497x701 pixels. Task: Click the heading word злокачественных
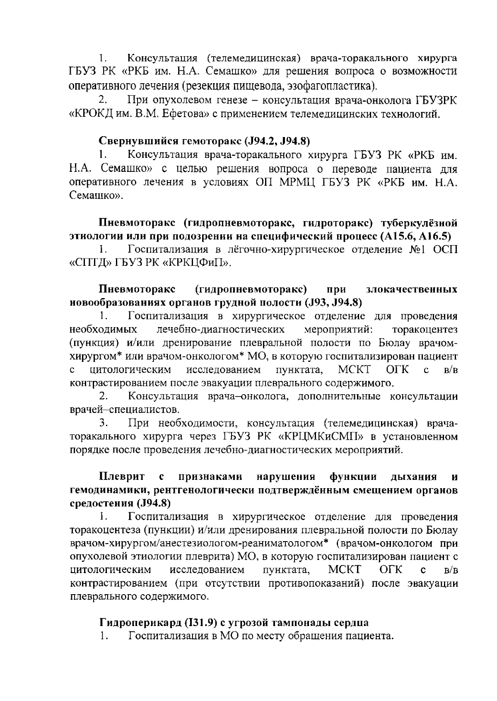click(x=412, y=289)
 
